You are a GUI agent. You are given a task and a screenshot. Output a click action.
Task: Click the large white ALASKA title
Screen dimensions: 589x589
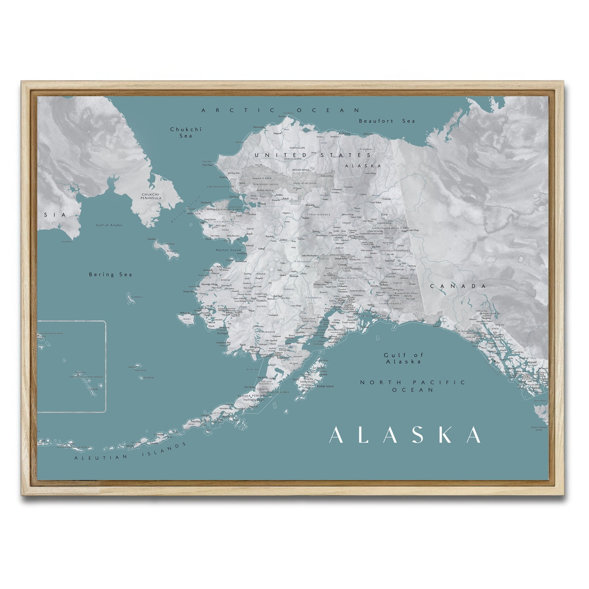click(404, 435)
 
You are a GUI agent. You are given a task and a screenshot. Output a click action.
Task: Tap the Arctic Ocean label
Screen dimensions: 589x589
click(281, 110)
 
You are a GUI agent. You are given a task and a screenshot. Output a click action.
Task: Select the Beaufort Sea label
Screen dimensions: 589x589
click(387, 121)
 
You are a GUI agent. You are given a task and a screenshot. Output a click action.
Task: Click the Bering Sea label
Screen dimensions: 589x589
click(110, 275)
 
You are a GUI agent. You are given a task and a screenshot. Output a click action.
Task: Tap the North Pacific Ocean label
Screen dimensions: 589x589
click(412, 386)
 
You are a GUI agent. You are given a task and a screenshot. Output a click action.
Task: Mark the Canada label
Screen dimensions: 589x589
click(458, 286)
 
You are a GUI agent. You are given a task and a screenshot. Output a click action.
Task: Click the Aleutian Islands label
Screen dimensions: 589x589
click(131, 452)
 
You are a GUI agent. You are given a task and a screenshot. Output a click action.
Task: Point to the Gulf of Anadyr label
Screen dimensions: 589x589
click(109, 225)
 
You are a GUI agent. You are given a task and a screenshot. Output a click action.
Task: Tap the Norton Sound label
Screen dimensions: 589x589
click(229, 250)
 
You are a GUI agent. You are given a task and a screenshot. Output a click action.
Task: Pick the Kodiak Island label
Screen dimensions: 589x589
click(325, 387)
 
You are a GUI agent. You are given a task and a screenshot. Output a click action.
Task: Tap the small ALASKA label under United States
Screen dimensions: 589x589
click(363, 166)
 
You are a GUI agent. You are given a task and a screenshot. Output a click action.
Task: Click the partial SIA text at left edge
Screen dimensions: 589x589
click(48, 215)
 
